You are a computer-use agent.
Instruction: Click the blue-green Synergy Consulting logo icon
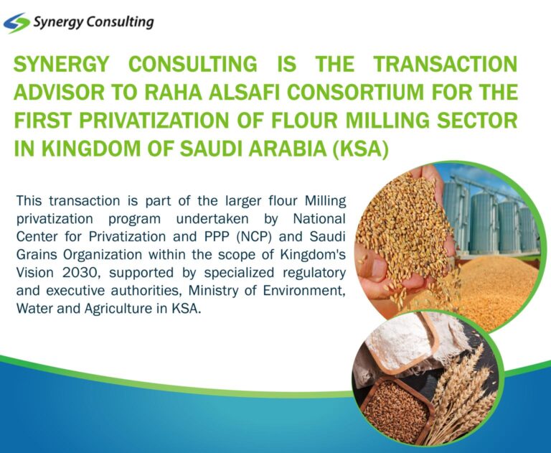point(17,23)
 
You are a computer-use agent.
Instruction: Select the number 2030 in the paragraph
point(84,273)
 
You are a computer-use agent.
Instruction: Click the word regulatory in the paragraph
point(315,273)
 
